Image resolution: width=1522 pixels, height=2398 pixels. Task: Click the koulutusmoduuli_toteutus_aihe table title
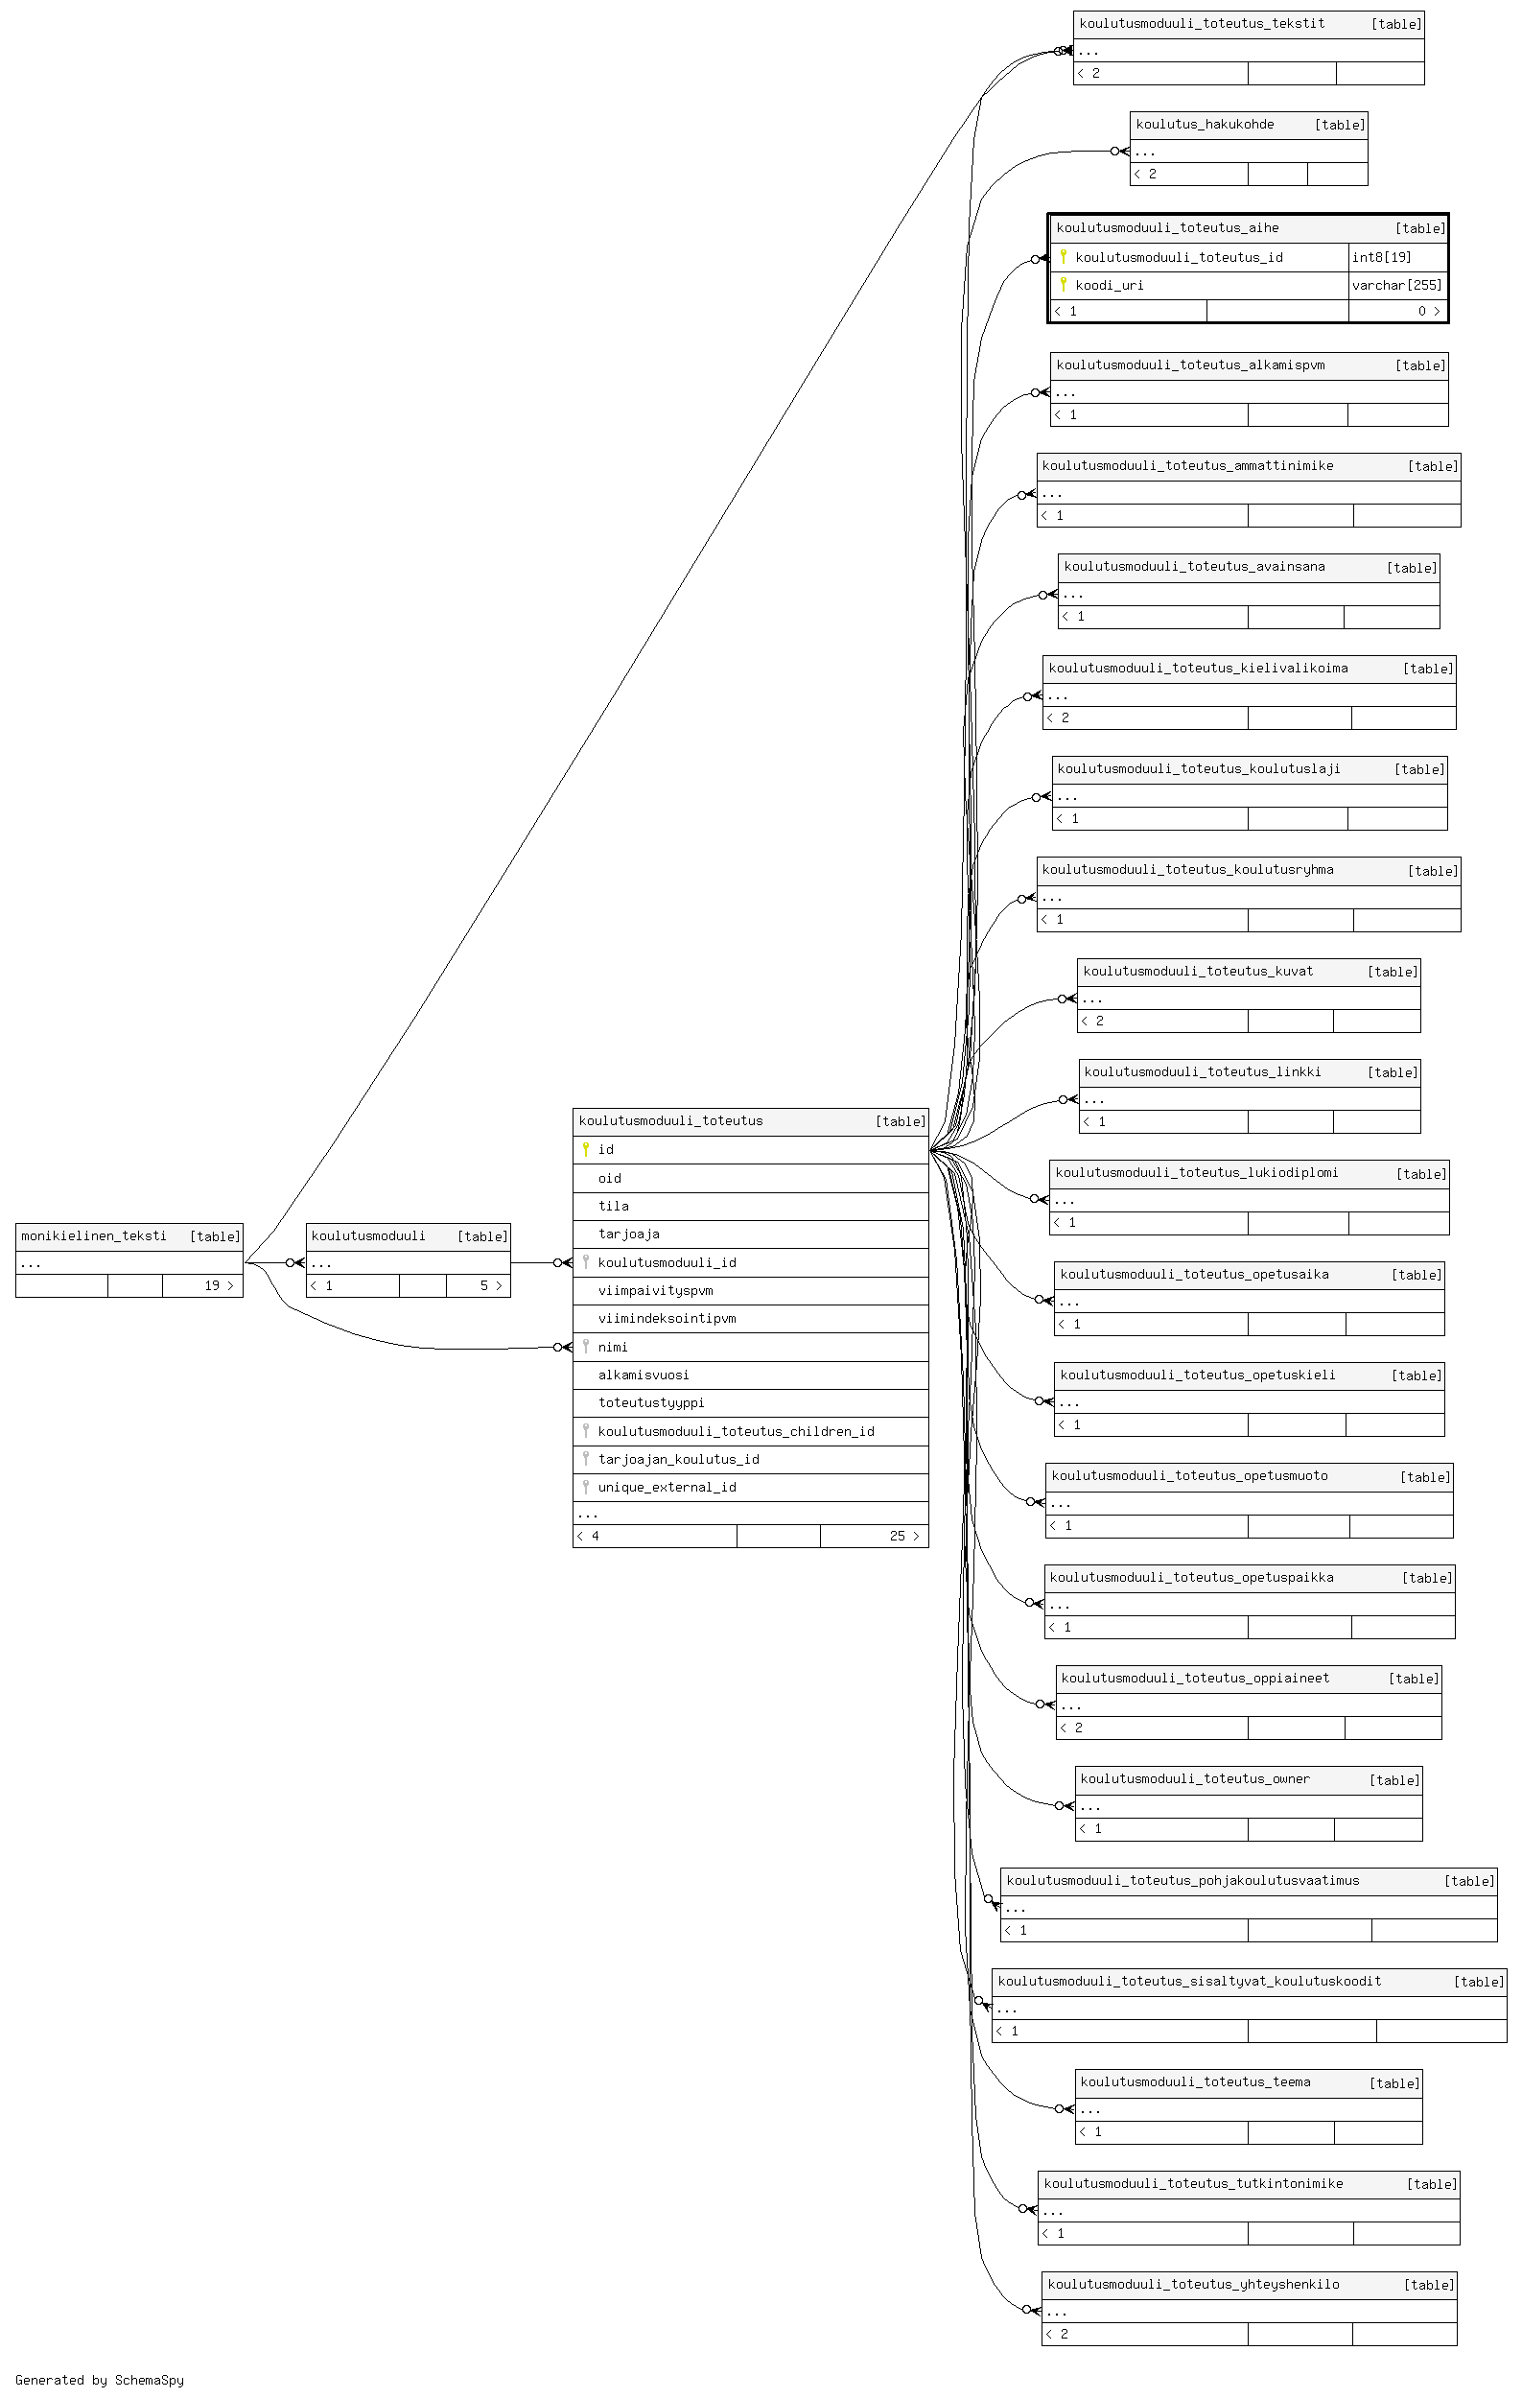(1166, 228)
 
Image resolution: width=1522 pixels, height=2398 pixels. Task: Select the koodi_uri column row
(1200, 285)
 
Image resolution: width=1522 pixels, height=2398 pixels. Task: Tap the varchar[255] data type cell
(1396, 285)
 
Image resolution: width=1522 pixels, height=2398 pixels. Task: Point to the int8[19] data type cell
(1396, 257)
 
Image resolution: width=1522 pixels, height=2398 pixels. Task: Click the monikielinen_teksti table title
(94, 1235)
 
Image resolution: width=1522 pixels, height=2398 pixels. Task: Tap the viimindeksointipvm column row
(751, 1319)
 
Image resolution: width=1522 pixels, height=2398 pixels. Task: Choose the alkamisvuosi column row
(751, 1375)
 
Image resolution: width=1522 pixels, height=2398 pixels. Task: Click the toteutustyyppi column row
(751, 1403)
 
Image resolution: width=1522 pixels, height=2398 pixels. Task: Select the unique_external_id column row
(751, 1487)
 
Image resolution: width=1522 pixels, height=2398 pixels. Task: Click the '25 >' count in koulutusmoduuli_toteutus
(903, 1536)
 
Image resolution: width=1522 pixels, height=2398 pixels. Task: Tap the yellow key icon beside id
(585, 1149)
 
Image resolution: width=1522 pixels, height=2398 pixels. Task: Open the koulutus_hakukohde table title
(1205, 125)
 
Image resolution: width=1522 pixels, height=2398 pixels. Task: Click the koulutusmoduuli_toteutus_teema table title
(1195, 2082)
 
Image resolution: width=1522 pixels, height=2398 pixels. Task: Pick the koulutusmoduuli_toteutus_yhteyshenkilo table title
(1193, 2285)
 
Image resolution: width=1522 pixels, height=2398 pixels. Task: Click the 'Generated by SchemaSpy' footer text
(100, 2380)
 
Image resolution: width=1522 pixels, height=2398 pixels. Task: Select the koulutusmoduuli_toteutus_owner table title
(1195, 1779)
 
